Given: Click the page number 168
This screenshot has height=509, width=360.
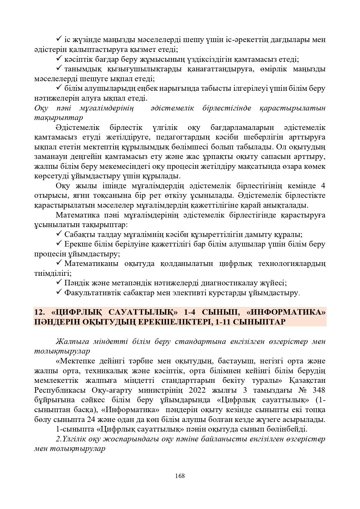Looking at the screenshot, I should click(180, 476).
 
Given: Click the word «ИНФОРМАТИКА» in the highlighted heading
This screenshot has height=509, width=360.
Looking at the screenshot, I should click(286, 312).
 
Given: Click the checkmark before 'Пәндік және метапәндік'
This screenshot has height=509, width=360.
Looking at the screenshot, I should click(58, 282).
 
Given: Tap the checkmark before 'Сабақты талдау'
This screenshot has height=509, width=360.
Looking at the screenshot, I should click(58, 233).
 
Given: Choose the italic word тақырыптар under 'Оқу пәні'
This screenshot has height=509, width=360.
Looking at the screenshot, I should click(58, 117).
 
